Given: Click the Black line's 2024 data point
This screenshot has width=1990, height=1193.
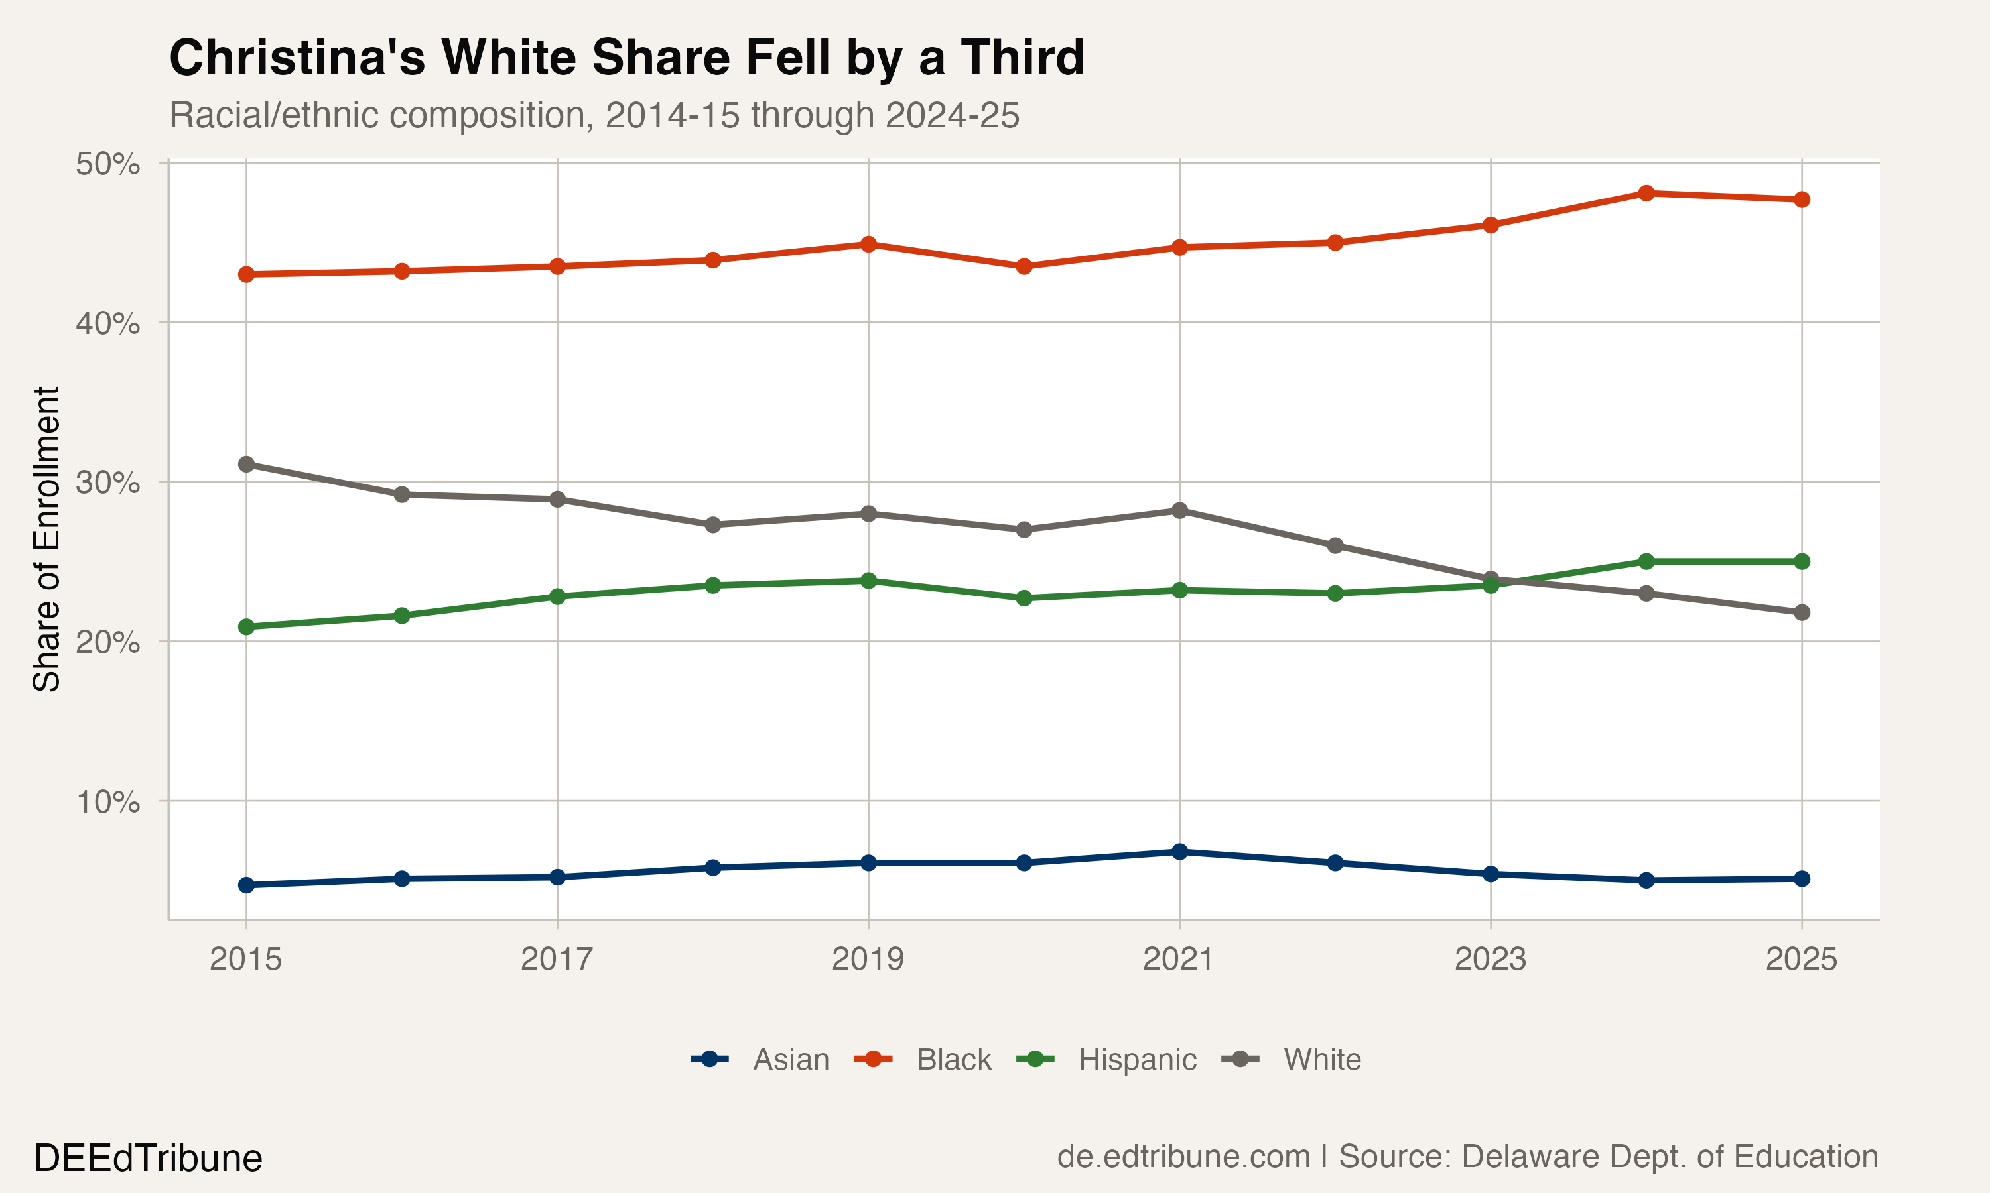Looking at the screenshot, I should (1646, 193).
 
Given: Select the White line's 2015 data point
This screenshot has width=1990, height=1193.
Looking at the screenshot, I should (247, 465).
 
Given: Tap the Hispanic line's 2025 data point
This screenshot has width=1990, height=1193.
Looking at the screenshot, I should (1802, 561).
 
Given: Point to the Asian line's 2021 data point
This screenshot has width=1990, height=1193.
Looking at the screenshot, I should (1179, 852).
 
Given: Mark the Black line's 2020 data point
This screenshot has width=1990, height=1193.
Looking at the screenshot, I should (1024, 266).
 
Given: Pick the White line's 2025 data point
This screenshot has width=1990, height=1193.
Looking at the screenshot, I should (1802, 612).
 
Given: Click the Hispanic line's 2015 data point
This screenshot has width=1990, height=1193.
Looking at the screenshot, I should (247, 627).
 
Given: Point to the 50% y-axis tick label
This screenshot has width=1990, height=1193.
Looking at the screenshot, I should (107, 164).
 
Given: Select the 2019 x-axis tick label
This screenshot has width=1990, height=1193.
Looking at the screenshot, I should (868, 959).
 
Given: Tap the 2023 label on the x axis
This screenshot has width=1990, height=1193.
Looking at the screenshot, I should (1490, 959).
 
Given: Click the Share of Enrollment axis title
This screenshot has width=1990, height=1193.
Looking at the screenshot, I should (46, 539).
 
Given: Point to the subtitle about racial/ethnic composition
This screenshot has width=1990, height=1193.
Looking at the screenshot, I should (594, 115).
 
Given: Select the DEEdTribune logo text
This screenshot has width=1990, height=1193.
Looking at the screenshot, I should (148, 1159).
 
